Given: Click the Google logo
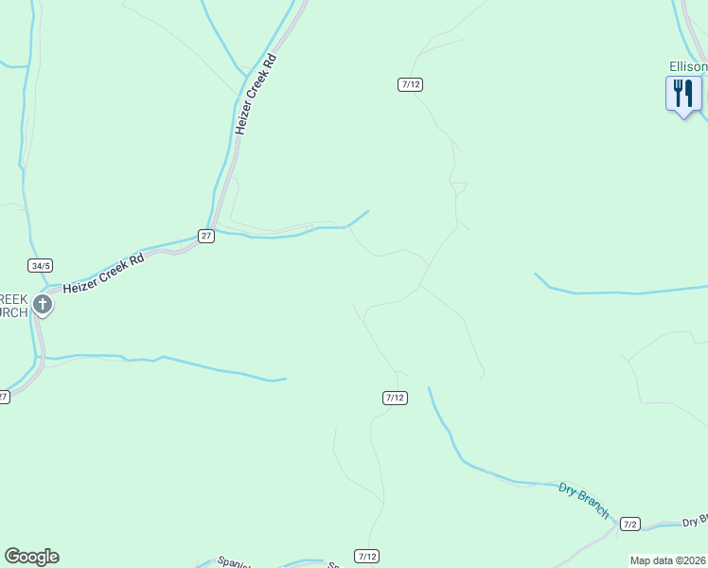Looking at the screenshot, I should pyautogui.click(x=31, y=557).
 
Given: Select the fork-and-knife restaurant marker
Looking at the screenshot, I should pyautogui.click(x=683, y=95).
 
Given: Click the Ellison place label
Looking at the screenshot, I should pyautogui.click(x=688, y=67).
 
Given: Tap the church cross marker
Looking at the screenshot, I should pyautogui.click(x=43, y=305).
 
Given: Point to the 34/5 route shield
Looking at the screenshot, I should pyautogui.click(x=40, y=266).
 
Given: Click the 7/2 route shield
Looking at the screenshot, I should pyautogui.click(x=631, y=524).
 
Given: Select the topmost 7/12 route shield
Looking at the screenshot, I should pyautogui.click(x=410, y=84).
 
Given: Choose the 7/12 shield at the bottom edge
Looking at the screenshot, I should pyautogui.click(x=367, y=556).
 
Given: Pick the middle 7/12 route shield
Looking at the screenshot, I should pyautogui.click(x=396, y=398).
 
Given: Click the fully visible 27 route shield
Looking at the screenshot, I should pyautogui.click(x=206, y=235).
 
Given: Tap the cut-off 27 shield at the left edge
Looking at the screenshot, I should pyautogui.click(x=4, y=397).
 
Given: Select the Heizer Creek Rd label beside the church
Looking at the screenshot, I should pyautogui.click(x=103, y=271).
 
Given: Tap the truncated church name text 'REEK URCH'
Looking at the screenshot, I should pyautogui.click(x=13, y=305).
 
